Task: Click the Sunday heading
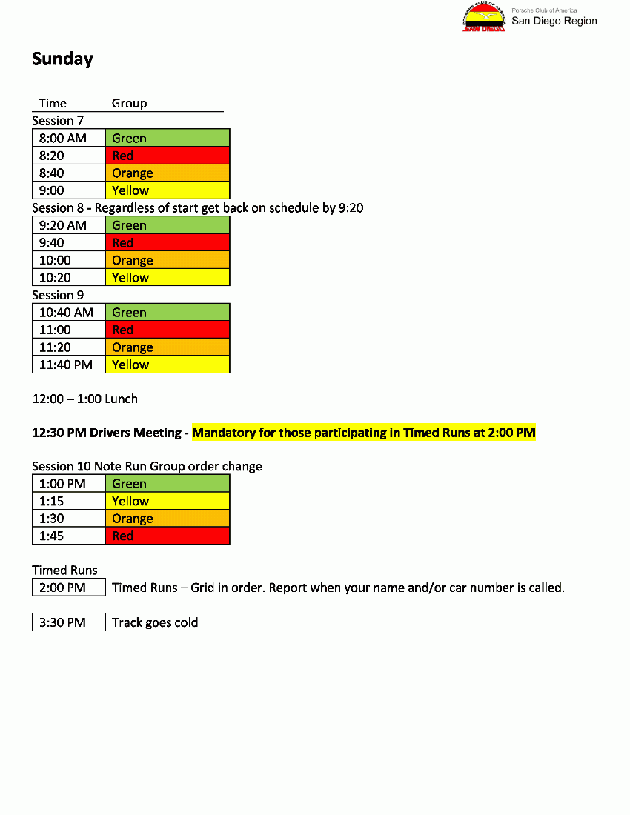coord(62,59)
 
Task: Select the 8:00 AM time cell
coord(69,138)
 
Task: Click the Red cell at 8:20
coord(168,156)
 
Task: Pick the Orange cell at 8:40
coord(168,173)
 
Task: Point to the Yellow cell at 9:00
coord(168,190)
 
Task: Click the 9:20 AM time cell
coord(69,225)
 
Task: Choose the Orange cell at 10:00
coord(168,260)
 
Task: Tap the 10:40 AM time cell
coord(69,313)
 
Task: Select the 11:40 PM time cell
coord(69,365)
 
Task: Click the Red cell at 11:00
coord(168,330)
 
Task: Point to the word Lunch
coord(121,399)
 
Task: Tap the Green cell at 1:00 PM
coord(168,484)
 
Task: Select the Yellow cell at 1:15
coord(168,502)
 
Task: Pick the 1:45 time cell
coord(69,536)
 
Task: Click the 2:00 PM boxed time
coord(69,588)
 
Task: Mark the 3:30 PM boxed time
coord(69,622)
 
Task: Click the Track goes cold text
coord(155,622)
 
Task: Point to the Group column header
coord(129,103)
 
